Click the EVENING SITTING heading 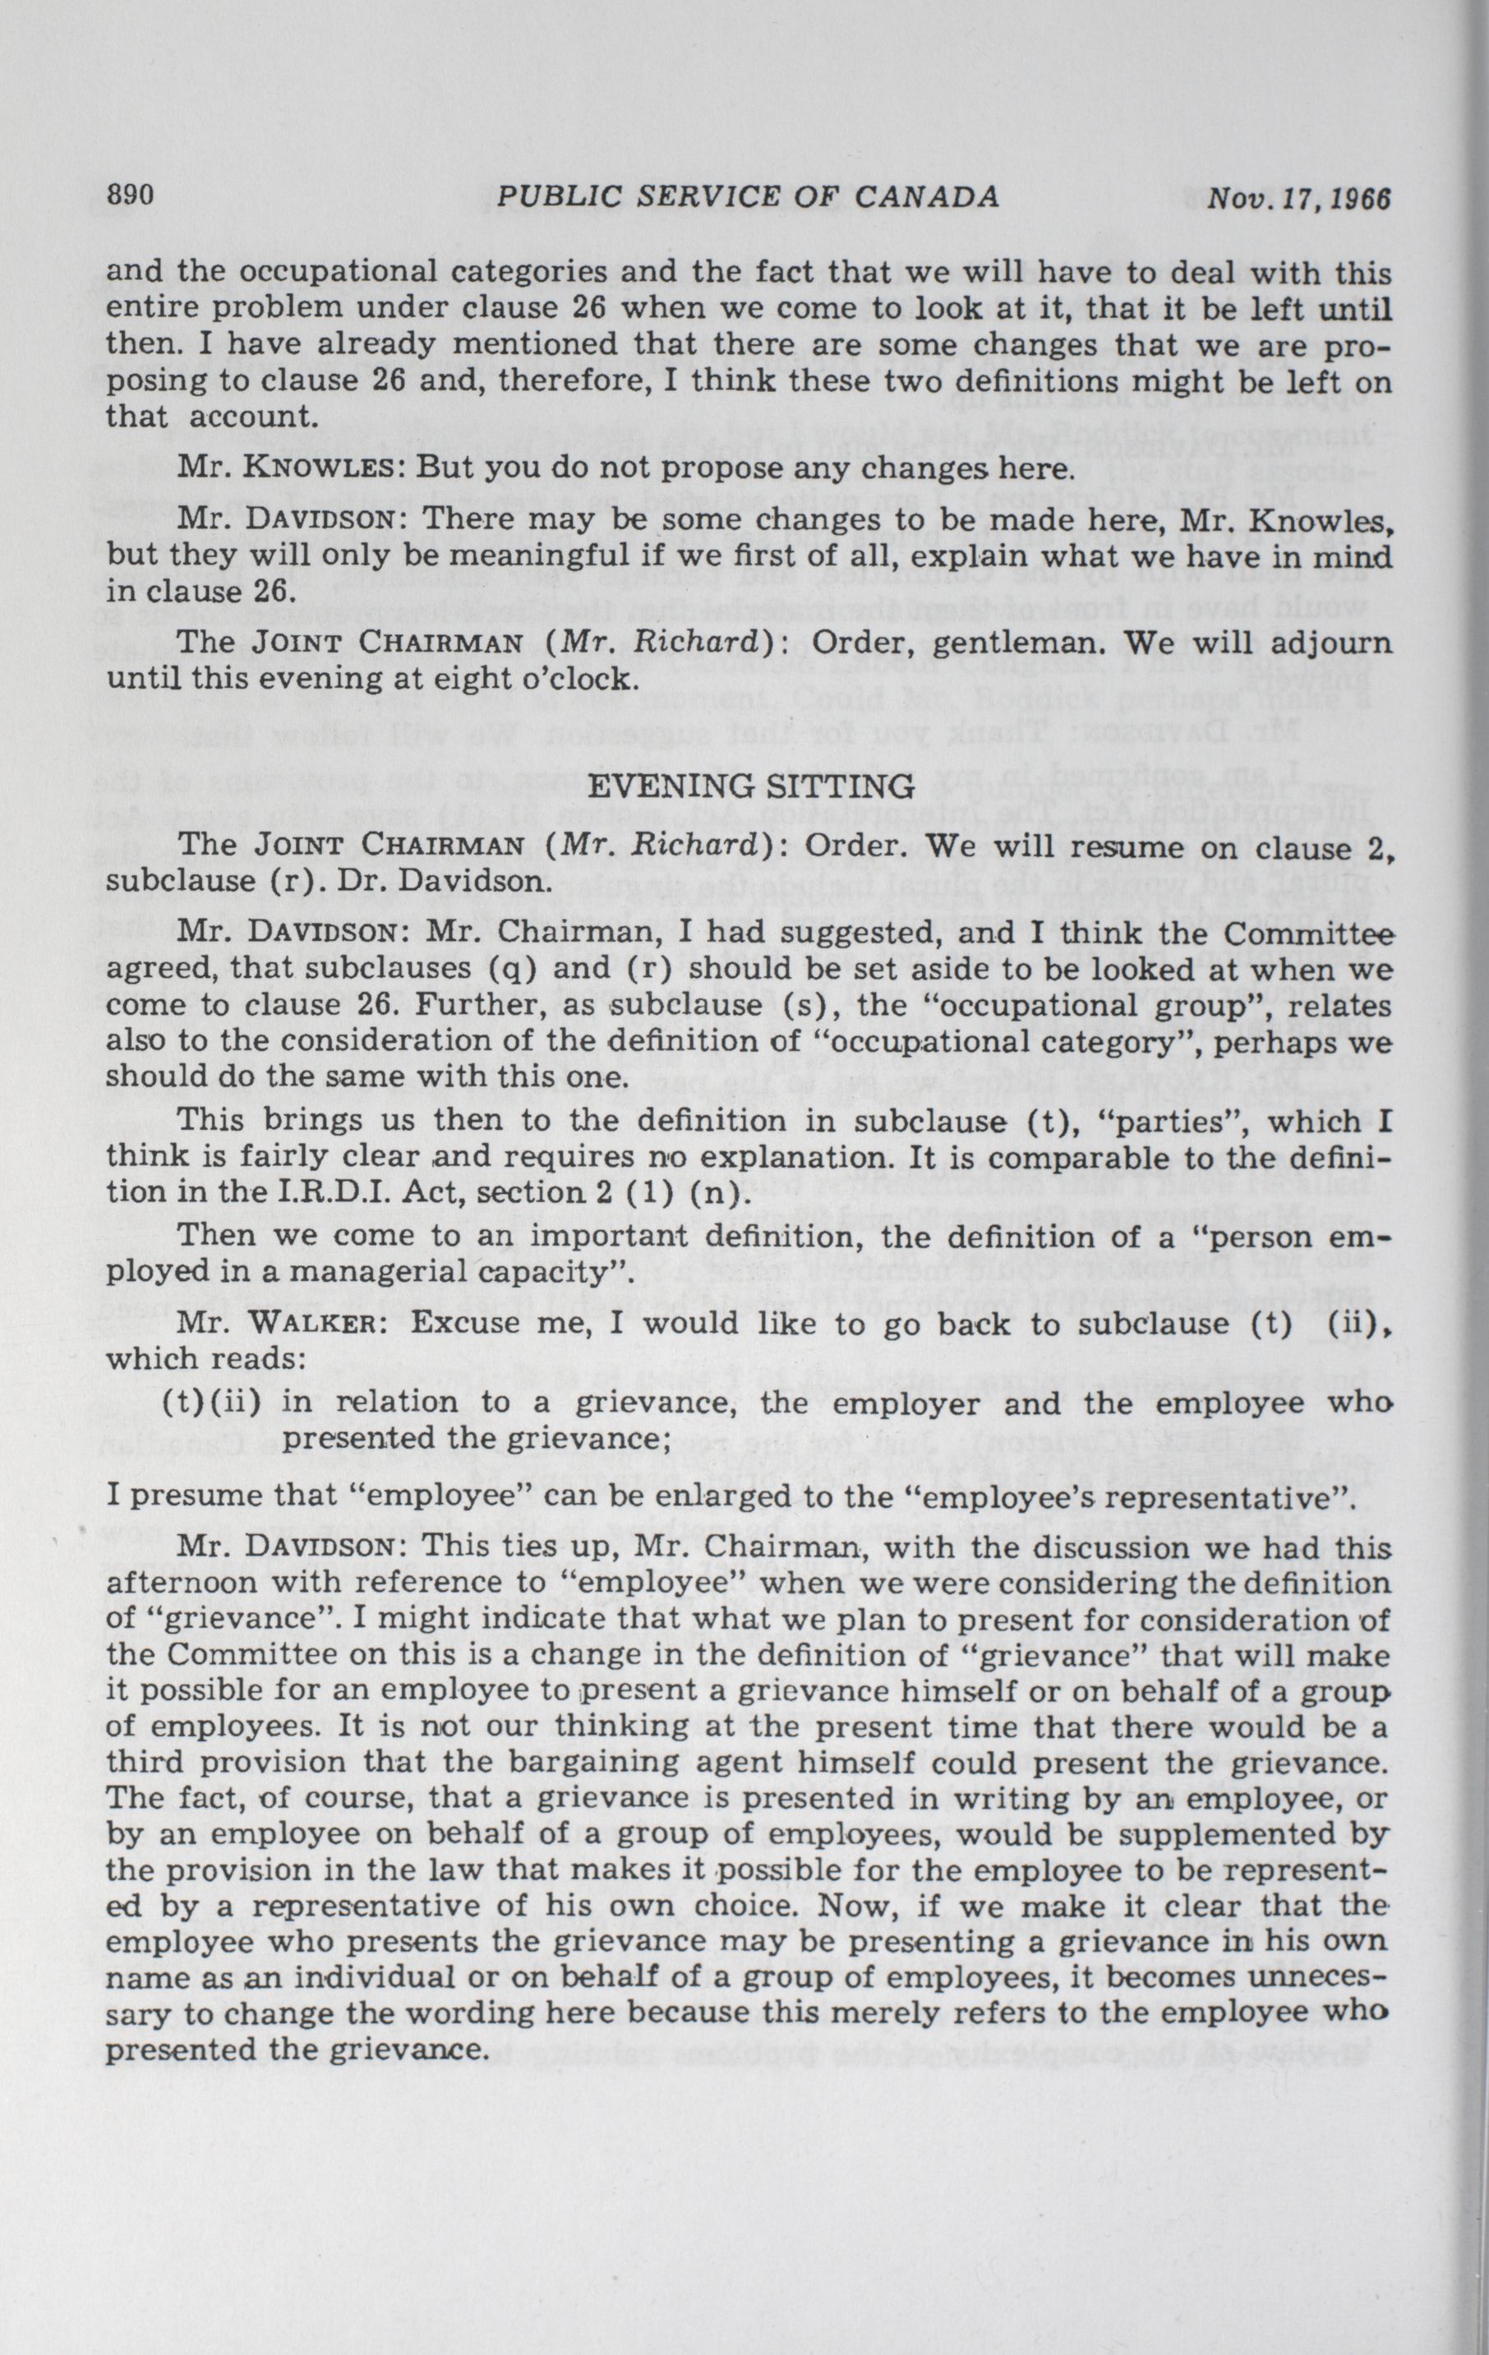[x=754, y=785]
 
